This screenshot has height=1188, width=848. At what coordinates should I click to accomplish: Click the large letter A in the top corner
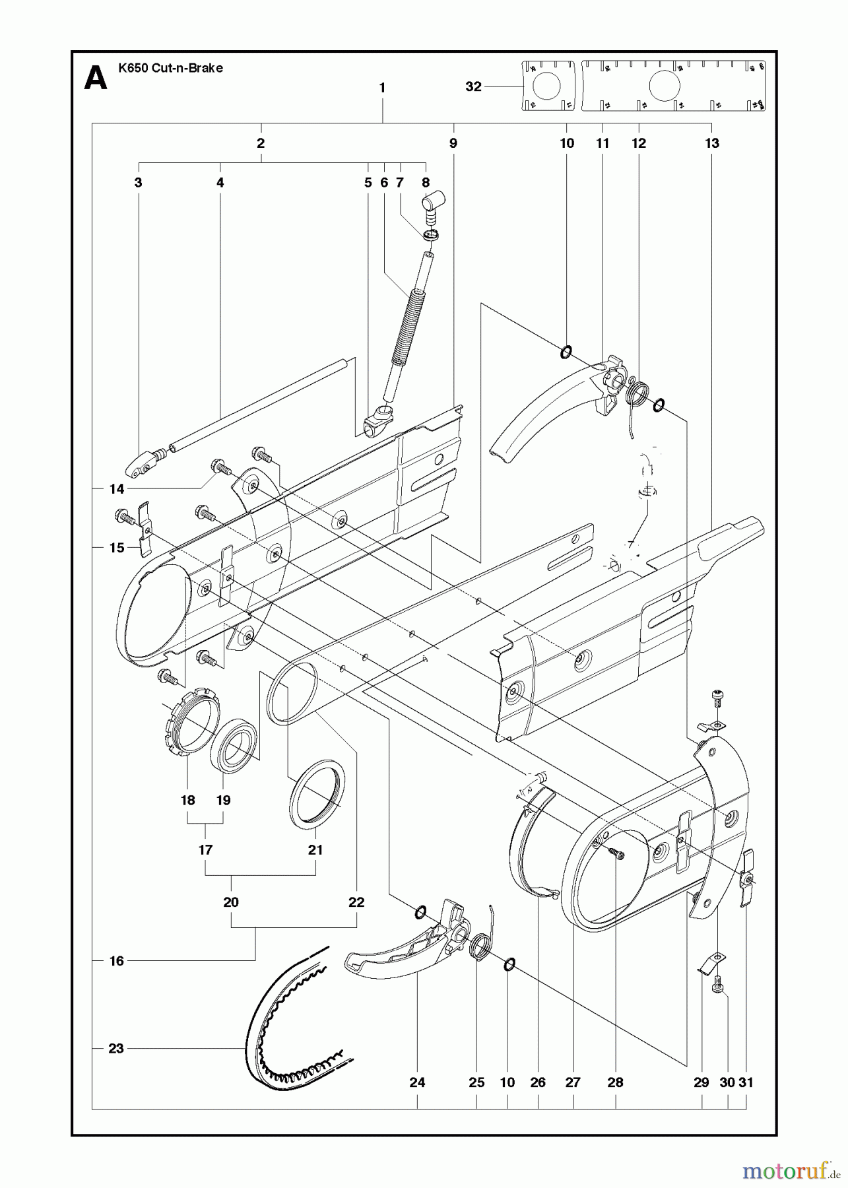(96, 79)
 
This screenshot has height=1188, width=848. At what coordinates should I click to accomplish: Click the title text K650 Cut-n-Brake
(170, 68)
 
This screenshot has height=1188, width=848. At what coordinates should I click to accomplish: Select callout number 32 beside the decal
(473, 86)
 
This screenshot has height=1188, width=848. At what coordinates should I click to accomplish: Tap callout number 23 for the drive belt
(116, 1047)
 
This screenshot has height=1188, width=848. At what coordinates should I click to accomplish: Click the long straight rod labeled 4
(264, 403)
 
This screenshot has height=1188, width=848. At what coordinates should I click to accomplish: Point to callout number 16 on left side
(116, 961)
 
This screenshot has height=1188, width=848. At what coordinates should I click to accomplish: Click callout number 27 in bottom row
(573, 1082)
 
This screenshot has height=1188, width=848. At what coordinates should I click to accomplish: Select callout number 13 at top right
(711, 143)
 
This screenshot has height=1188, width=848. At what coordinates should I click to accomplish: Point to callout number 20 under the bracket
(231, 902)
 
